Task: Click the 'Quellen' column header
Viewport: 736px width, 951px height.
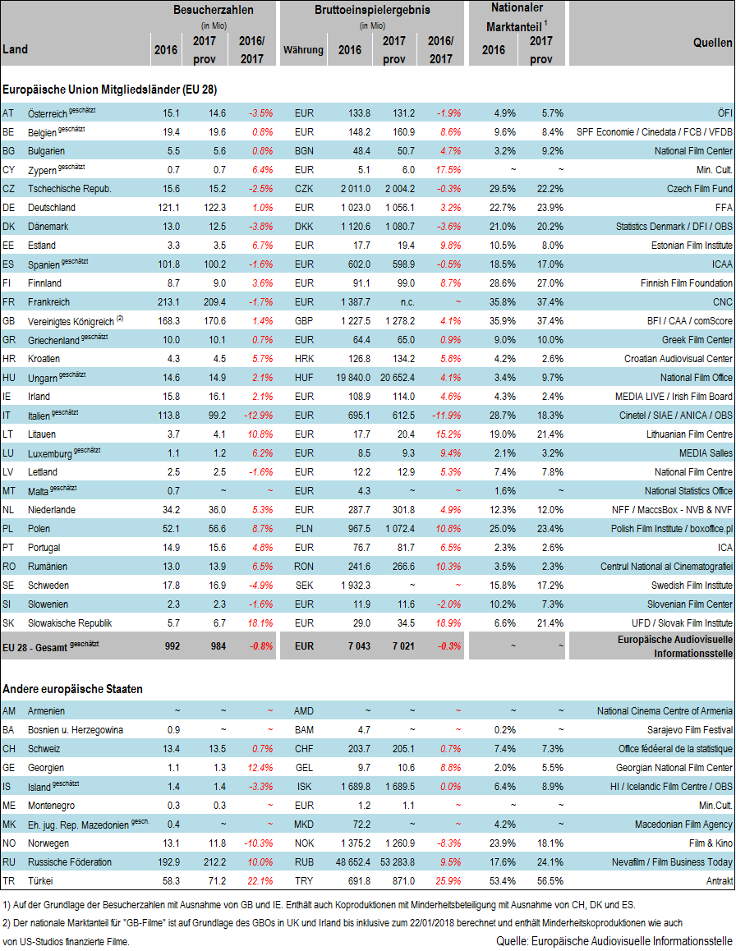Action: pyautogui.click(x=712, y=44)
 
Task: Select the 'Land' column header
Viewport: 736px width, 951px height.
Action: pyautogui.click(x=16, y=49)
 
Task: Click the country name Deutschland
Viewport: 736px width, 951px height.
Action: pyautogui.click(x=51, y=208)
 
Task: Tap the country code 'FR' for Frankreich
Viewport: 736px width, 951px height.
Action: pyautogui.click(x=9, y=302)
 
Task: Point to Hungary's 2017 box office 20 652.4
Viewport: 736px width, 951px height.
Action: pyautogui.click(x=393, y=378)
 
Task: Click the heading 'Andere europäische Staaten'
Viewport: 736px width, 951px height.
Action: pyautogui.click(x=72, y=688)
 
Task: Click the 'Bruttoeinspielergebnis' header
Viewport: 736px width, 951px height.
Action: pyautogui.click(x=372, y=10)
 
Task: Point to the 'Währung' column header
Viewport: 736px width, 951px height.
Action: pyautogui.click(x=303, y=50)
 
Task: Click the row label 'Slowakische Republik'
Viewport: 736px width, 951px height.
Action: pyautogui.click(x=69, y=623)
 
